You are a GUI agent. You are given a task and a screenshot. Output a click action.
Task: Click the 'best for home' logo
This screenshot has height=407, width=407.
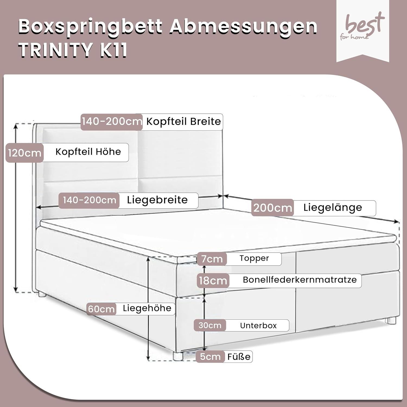click(x=363, y=27)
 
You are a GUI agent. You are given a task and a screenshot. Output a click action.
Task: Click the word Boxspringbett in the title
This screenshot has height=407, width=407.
click(x=91, y=27)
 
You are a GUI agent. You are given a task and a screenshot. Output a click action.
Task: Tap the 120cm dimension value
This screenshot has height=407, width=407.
click(x=25, y=153)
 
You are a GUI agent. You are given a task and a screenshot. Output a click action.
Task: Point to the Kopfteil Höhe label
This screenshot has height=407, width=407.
click(x=88, y=152)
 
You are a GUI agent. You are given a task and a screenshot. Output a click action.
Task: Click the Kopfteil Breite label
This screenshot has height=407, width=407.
click(x=184, y=121)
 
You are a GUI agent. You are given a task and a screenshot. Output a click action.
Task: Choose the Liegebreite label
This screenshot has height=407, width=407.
click(x=157, y=200)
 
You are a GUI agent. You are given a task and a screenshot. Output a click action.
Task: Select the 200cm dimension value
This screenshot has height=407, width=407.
click(x=273, y=208)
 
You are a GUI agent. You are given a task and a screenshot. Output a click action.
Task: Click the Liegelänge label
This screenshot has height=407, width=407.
click(x=333, y=208)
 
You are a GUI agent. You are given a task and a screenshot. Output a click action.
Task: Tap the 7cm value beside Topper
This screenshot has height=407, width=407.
click(x=212, y=259)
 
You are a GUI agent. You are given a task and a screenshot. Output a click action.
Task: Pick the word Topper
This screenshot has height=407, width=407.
click(x=254, y=258)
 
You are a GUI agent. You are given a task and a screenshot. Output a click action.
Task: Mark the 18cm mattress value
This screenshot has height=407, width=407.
click(x=213, y=281)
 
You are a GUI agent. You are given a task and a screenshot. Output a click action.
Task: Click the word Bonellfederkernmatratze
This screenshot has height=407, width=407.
click(x=300, y=280)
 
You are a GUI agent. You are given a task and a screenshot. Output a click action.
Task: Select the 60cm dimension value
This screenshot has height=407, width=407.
click(x=101, y=309)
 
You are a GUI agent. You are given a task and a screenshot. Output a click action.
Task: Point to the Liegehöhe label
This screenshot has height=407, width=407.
click(x=147, y=308)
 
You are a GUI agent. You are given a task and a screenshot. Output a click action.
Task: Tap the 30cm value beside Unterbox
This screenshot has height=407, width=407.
click(x=210, y=325)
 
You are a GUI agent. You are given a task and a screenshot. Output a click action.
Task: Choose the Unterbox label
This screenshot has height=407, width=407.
click(x=258, y=325)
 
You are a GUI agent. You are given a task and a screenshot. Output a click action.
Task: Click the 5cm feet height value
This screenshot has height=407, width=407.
click(x=210, y=357)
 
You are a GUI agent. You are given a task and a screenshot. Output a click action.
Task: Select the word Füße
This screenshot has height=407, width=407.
click(x=239, y=357)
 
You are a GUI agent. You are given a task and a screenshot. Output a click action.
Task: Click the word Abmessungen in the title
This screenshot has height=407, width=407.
click(x=244, y=27)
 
